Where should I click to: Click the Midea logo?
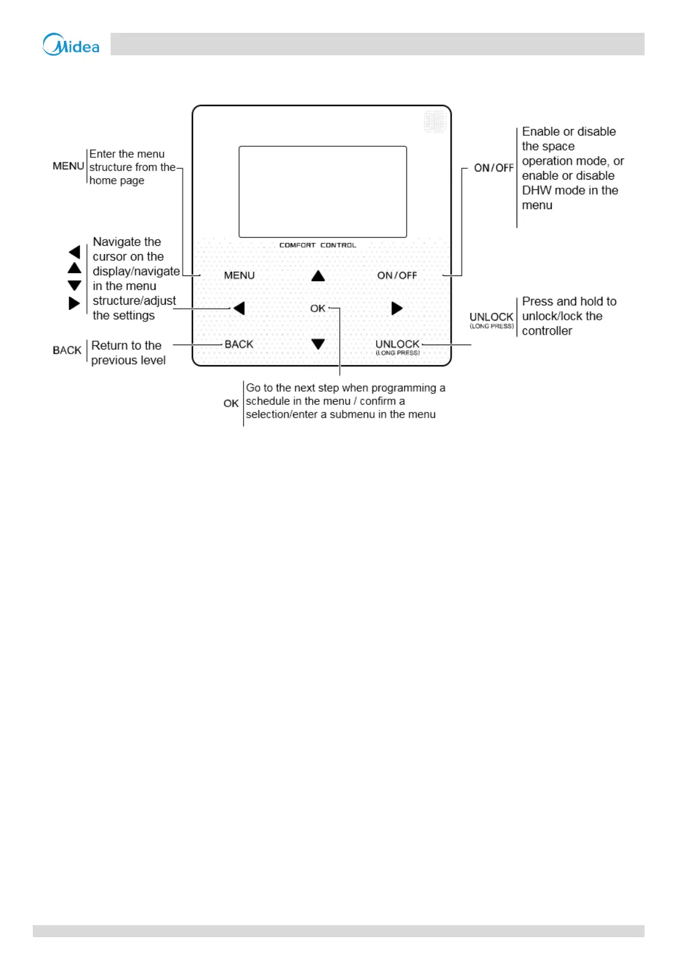point(71,44)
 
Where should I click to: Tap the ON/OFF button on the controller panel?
point(397,275)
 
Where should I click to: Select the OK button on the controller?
point(317,309)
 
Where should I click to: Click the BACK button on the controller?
point(238,344)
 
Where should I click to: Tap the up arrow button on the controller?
point(318,276)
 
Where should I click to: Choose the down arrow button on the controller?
point(318,344)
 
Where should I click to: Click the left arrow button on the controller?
point(239,309)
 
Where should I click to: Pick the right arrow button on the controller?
point(397,309)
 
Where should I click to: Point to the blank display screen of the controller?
point(323,191)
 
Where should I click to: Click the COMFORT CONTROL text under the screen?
point(317,245)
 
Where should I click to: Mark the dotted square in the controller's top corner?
point(434,122)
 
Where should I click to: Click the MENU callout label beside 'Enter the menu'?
point(68,166)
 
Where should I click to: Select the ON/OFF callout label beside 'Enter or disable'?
point(493,168)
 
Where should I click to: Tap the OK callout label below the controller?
point(230,403)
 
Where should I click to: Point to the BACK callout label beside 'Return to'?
point(67,350)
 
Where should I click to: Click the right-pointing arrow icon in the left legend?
point(74,303)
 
